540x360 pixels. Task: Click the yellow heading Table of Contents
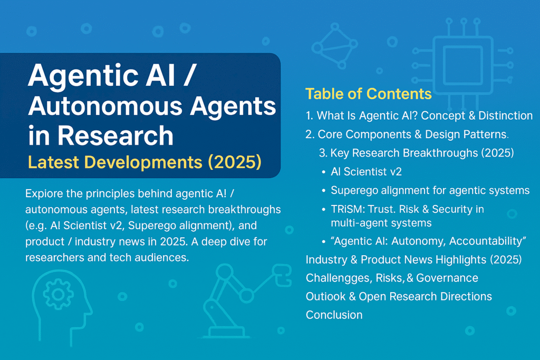coord(369,94)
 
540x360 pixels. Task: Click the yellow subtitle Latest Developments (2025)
coord(144,162)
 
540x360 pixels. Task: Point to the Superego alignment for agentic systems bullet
coord(430,190)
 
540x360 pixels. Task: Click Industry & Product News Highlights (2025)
coord(413,259)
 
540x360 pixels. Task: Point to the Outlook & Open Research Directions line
coord(399,296)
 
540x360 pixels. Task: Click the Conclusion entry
coord(334,315)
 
